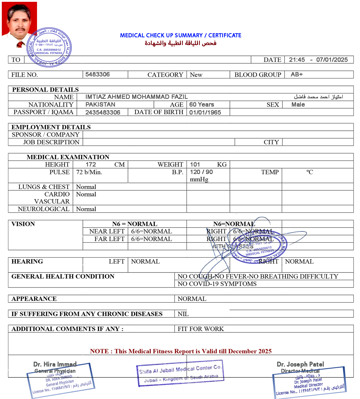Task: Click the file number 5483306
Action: coord(97,74)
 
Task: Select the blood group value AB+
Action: coord(297,74)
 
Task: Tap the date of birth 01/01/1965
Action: coord(205,112)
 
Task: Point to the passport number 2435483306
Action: coord(103,112)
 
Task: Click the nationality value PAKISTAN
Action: coord(100,105)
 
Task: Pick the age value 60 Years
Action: coord(202,105)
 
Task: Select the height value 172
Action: coord(91,164)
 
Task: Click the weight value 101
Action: coord(195,164)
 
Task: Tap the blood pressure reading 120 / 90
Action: coord(201,172)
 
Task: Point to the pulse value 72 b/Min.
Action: coord(89,172)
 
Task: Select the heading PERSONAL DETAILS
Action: coord(45,90)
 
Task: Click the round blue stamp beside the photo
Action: coord(49,47)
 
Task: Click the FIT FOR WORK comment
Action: coord(201,329)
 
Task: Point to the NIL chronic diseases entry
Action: coord(183,314)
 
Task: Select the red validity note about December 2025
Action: coord(181,351)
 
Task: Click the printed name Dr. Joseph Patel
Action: coord(300,364)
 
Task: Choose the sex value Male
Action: coord(298,105)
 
